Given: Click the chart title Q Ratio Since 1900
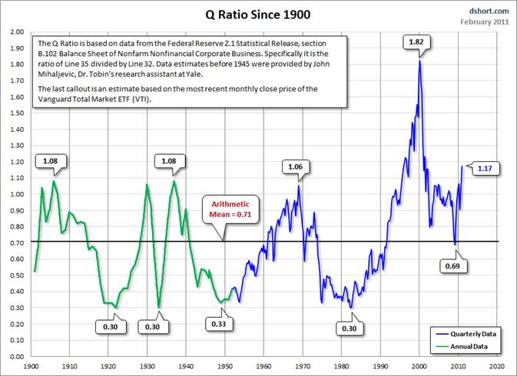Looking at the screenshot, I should (x=259, y=15).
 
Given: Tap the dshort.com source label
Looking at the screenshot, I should (x=489, y=11).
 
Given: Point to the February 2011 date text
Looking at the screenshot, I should (x=485, y=21).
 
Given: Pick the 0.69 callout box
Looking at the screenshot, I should (x=453, y=266).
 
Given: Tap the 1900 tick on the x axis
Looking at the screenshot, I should (x=31, y=367).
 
